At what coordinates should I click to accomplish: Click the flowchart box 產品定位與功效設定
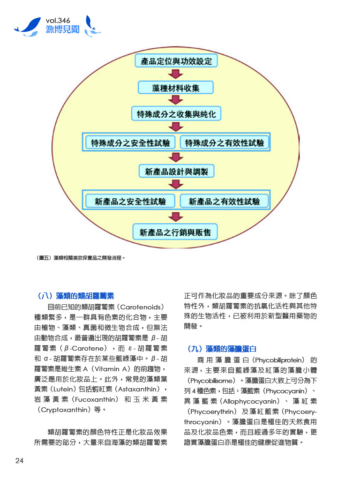176,61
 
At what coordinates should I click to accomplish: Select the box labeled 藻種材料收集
176,88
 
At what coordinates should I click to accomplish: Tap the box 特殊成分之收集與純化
176,114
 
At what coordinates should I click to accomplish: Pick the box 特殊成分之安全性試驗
130,143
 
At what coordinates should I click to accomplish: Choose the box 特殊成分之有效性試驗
224,143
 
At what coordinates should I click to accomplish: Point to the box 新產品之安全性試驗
130,202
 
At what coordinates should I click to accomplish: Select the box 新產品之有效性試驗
224,202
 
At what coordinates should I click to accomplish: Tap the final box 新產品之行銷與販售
175,232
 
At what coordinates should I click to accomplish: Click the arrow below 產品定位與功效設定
176,74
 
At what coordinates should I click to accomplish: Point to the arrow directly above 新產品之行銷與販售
176,217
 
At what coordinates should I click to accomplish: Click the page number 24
19,461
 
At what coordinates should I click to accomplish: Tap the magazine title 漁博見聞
62,30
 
